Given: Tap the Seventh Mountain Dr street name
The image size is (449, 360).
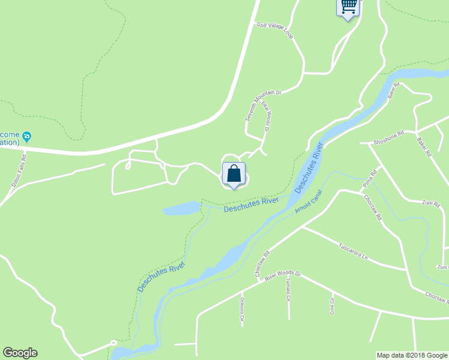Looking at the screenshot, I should [x=263, y=106].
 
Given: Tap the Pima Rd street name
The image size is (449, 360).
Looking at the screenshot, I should [x=369, y=181].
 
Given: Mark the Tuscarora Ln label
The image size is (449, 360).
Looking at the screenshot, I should [x=352, y=251].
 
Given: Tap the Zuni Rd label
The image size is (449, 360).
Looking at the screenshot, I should [x=432, y=203].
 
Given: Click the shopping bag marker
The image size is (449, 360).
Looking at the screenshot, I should [x=234, y=173].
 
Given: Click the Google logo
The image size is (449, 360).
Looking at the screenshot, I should [x=19, y=353].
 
